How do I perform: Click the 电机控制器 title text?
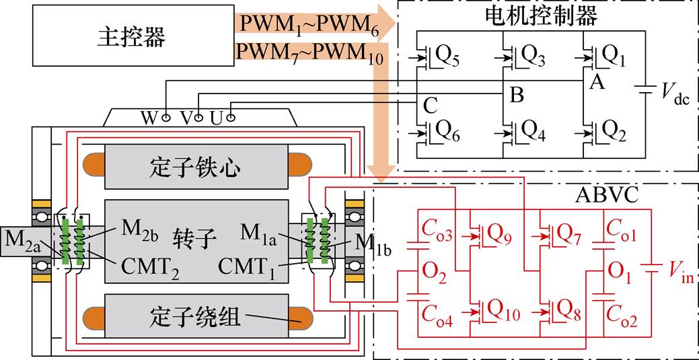coord(540,17)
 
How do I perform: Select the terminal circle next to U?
coord(230,118)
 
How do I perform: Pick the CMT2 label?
coord(150,269)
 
